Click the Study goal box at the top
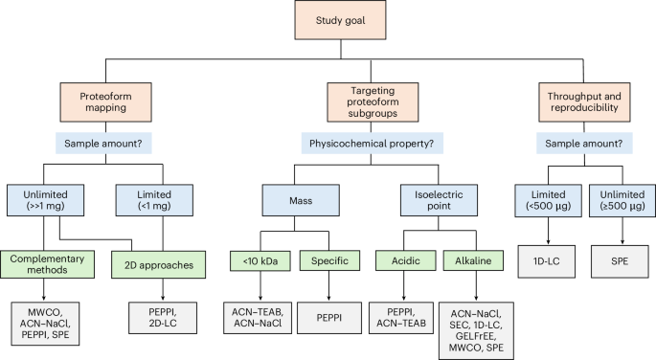pos(328,20)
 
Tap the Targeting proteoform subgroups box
pos(328,100)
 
